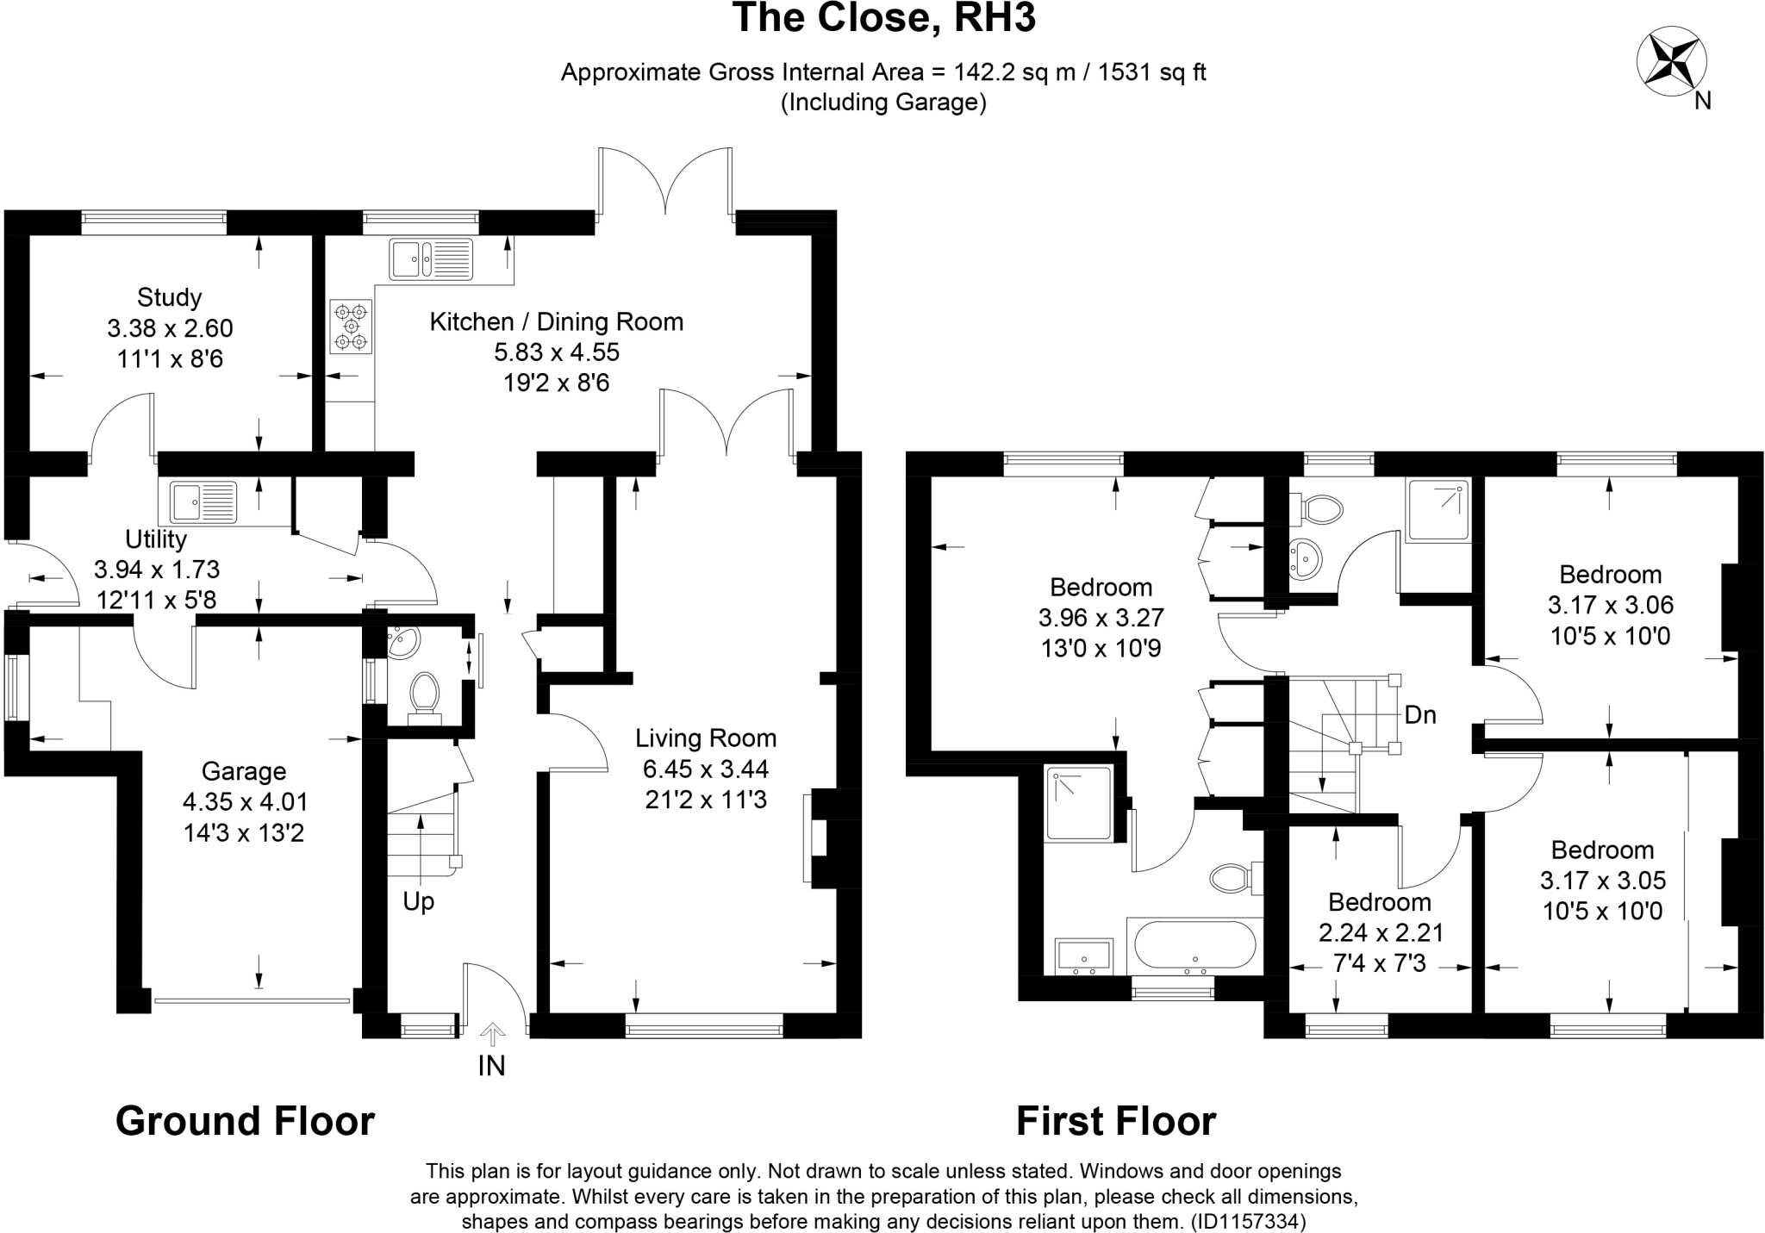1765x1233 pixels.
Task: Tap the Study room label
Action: tap(170, 297)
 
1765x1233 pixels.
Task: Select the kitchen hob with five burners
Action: tap(351, 327)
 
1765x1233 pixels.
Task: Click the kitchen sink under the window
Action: tap(431, 258)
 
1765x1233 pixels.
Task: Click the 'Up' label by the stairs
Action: tap(419, 902)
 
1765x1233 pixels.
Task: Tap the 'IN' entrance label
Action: tap(491, 1066)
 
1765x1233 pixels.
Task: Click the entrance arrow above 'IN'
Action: tap(492, 1033)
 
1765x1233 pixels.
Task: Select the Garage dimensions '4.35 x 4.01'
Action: tap(245, 802)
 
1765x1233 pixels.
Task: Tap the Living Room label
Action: tap(706, 738)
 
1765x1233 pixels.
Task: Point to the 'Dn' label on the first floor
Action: tap(1420, 714)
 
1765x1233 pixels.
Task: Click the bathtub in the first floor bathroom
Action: tap(1194, 946)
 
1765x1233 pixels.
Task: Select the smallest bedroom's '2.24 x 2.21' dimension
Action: tap(1381, 933)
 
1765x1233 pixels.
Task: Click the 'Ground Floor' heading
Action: tap(245, 1122)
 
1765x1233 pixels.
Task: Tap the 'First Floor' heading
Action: tap(1116, 1122)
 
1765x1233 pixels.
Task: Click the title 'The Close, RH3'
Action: tap(883, 19)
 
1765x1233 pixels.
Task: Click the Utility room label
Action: tap(156, 539)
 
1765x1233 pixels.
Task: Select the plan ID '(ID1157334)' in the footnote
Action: tap(1248, 1221)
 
